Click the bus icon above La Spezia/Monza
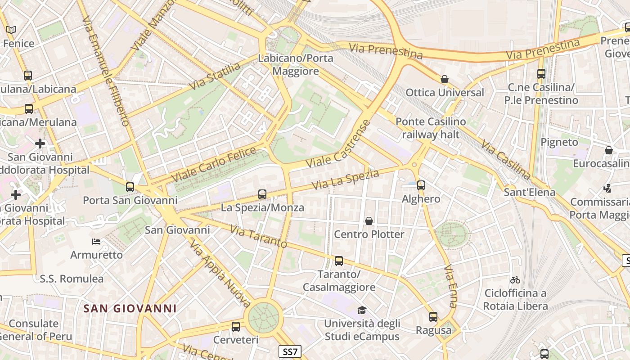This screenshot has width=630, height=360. click(262, 194)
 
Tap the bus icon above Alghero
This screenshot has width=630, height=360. click(421, 185)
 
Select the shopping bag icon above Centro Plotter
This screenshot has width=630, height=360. click(369, 221)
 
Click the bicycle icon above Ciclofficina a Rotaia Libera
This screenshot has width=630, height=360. click(515, 280)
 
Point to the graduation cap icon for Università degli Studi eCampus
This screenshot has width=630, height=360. click(362, 310)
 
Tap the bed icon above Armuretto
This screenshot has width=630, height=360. click(96, 242)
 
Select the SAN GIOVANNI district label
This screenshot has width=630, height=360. click(130, 309)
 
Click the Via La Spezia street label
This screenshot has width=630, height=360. click(345, 179)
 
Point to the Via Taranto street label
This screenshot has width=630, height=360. click(258, 237)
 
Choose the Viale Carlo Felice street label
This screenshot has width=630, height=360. click(214, 164)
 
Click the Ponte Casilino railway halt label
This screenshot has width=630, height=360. click(431, 128)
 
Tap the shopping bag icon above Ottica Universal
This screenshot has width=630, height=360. click(445, 80)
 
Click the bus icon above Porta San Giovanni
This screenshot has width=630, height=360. click(130, 187)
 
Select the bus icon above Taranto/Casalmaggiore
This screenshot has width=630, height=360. click(339, 261)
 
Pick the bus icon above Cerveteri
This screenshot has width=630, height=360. click(236, 327)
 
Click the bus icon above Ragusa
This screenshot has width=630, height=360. click(433, 317)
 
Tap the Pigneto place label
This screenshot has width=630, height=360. click(559, 142)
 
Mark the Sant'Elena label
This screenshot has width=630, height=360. click(529, 193)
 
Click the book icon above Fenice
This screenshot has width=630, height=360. click(11, 30)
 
